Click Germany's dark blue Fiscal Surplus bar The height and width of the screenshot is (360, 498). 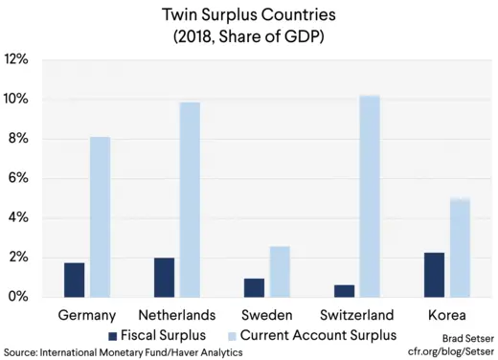[x=75, y=280]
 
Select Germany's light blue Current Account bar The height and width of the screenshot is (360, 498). [x=100, y=217]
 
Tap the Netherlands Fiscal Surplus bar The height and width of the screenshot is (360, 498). [x=164, y=277]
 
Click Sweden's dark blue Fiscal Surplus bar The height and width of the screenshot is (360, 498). [x=253, y=287]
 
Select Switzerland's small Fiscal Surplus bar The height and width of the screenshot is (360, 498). [x=342, y=290]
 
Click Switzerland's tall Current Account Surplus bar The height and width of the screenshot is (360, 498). [x=368, y=196]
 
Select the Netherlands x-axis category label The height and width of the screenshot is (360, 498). [x=177, y=315]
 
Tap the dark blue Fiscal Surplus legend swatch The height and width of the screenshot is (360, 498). [x=113, y=335]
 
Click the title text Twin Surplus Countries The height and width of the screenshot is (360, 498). [x=248, y=16]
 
